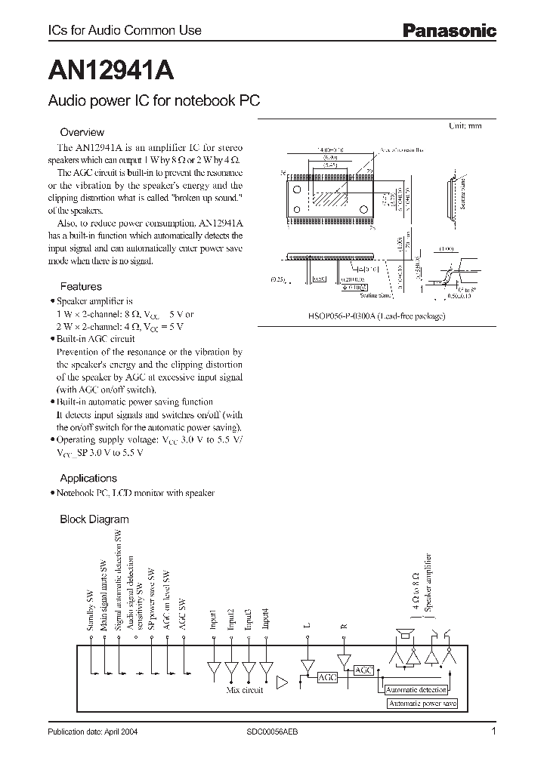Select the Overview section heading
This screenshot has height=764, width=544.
pyautogui.click(x=82, y=132)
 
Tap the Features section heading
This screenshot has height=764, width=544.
pyautogui.click(x=80, y=287)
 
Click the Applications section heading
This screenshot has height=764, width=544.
pyautogui.click(x=88, y=478)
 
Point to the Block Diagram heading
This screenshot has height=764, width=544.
pyautogui.click(x=94, y=519)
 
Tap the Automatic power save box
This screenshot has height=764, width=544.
pyautogui.click(x=422, y=704)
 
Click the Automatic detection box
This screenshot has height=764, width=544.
pyautogui.click(x=416, y=690)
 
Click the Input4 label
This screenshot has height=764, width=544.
pyautogui.click(x=265, y=618)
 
